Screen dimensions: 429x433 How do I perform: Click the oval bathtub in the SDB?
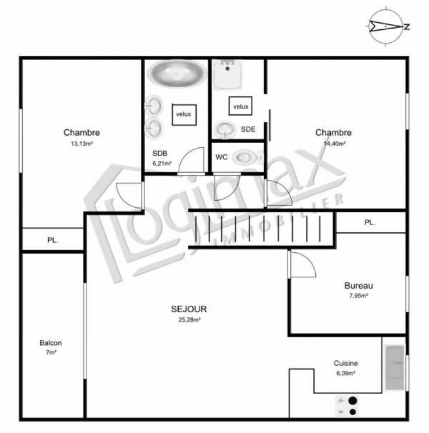(x=177, y=73)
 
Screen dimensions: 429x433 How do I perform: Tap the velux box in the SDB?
(x=184, y=115)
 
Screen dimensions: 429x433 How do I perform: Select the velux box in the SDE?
(x=240, y=106)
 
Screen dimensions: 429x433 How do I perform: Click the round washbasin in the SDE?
(x=225, y=129)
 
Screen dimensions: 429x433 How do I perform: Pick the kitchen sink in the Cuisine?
(x=395, y=368)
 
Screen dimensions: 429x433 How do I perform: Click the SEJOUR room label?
(x=189, y=309)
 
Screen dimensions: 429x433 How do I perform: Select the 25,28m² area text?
(x=190, y=320)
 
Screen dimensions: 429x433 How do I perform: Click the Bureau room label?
(x=359, y=286)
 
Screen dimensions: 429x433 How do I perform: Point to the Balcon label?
(x=50, y=343)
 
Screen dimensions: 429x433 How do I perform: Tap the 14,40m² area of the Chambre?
(x=335, y=143)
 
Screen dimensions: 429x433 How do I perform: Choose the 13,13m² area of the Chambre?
(x=82, y=143)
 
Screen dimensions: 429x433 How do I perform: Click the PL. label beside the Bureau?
(x=369, y=222)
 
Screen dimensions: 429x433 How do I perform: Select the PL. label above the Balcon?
(x=53, y=240)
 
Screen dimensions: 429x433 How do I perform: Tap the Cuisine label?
(x=346, y=363)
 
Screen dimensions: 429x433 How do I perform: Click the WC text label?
(x=222, y=157)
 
